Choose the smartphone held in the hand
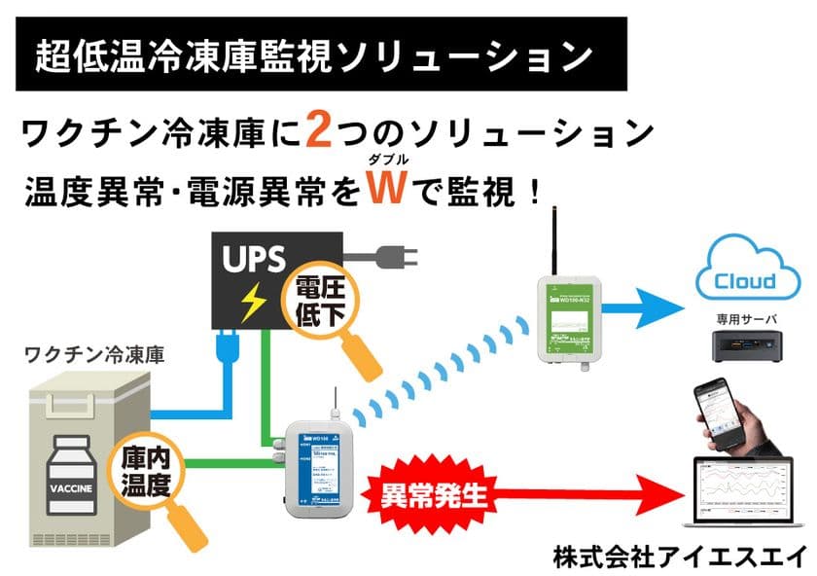click(726, 414)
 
